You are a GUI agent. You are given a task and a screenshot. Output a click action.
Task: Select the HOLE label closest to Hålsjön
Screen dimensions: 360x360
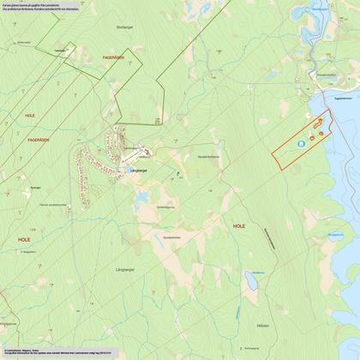tap(238, 225)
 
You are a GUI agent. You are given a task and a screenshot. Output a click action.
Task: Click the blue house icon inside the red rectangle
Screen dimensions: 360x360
tap(300, 144)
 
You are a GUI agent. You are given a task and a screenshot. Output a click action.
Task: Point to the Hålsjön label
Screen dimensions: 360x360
tap(262, 327)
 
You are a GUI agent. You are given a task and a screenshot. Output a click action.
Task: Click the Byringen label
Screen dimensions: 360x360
tap(35, 185)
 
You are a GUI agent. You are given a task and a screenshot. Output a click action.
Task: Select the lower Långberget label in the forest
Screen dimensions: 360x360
tap(125, 270)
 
